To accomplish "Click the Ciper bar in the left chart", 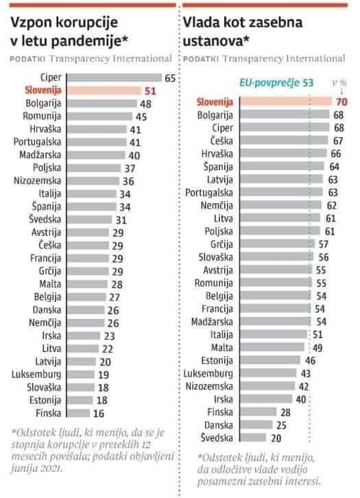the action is pos(115,78).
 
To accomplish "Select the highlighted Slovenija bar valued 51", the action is pos(104,91).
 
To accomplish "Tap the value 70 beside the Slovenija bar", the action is pos(341,102).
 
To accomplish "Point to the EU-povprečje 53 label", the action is pos(276,83).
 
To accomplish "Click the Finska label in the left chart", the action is pos(48,413).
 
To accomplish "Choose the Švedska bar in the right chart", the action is pos(253,438).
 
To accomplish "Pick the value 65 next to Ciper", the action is pos(170,78).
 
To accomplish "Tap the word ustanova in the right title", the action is pos(213,41).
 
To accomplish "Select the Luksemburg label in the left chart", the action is pos(36,375).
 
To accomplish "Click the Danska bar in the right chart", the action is pos(256,425).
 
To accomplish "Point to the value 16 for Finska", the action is pos(99,414).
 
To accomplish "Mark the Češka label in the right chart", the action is pos(221,141).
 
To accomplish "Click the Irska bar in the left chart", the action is pos(84,335).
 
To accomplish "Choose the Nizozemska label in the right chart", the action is pos(209,386).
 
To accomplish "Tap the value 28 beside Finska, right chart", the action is pos(285,412).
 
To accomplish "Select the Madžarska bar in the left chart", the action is pos(96,155).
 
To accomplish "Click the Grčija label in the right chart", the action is pos(221,244).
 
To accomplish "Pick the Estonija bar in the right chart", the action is pos(270,360).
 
